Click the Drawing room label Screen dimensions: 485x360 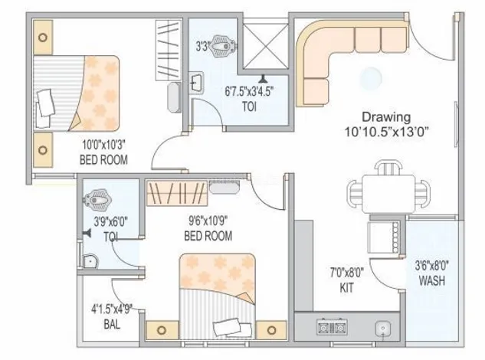386,117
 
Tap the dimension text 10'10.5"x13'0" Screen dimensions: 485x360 386,132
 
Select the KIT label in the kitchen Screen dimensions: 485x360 346,288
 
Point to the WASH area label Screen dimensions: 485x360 432,280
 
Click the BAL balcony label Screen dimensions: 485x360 112,325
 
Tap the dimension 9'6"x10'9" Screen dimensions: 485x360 208,221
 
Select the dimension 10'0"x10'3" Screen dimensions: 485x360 103,145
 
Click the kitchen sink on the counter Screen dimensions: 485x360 383,329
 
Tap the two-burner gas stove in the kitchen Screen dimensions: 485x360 332,327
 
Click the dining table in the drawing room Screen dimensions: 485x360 388,194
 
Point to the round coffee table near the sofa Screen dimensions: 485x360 371,78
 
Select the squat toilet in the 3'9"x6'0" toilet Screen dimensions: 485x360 97,199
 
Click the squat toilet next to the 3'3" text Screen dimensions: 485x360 223,47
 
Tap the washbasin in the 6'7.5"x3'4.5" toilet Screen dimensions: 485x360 196,83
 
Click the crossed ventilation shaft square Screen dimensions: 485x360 265,46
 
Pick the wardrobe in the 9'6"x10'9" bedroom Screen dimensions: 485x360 177,193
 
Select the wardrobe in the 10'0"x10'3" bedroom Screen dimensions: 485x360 169,51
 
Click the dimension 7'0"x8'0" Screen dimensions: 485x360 347,273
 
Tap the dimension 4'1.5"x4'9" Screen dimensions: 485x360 112,309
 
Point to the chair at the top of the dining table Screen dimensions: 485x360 388,168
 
